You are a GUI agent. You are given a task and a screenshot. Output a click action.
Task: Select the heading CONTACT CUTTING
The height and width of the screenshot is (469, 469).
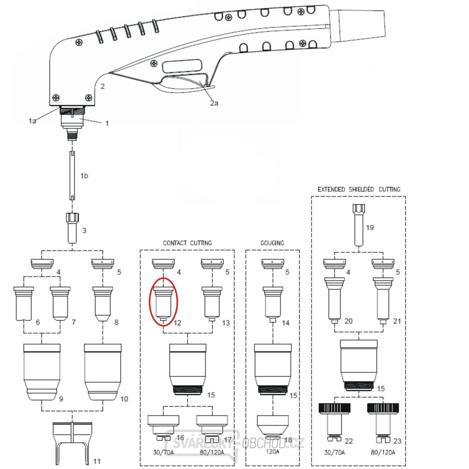pyautogui.click(x=187, y=243)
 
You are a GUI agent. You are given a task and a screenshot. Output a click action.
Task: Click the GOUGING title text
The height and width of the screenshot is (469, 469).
pyautogui.click(x=272, y=243)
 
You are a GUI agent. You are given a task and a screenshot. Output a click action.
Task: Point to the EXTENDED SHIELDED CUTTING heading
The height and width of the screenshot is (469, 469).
pyautogui.click(x=359, y=189)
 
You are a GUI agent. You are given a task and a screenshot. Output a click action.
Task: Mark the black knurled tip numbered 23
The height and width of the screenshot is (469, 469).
pyautogui.click(x=383, y=419)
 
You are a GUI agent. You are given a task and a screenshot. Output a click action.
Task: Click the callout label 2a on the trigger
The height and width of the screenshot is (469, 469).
pyautogui.click(x=214, y=103)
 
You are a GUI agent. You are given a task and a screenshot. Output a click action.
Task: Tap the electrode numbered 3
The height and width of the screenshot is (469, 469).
pyautogui.click(x=72, y=227)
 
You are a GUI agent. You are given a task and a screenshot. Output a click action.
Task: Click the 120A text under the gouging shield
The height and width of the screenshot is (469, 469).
pyautogui.click(x=272, y=452)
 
